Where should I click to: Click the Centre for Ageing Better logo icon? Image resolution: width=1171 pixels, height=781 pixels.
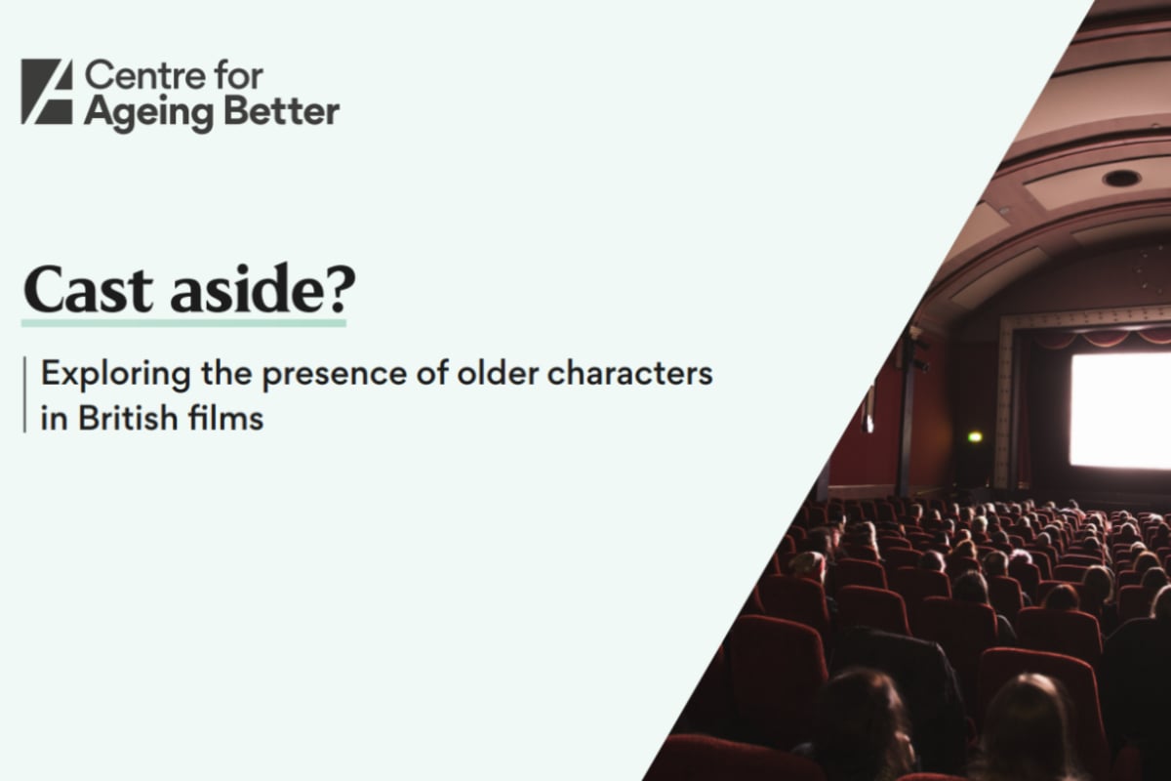click(x=47, y=92)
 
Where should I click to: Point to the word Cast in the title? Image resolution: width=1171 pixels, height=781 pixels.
click(x=88, y=290)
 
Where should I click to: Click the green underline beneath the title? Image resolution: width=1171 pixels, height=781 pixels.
click(x=183, y=323)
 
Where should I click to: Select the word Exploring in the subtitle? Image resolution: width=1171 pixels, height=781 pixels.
click(x=116, y=375)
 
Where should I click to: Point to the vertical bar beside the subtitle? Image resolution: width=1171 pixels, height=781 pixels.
click(x=24, y=394)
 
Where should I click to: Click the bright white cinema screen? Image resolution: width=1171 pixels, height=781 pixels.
click(x=1120, y=410)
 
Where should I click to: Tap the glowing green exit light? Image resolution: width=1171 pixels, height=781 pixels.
click(x=975, y=436)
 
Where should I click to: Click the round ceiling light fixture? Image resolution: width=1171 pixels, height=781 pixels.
click(x=1121, y=179)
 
